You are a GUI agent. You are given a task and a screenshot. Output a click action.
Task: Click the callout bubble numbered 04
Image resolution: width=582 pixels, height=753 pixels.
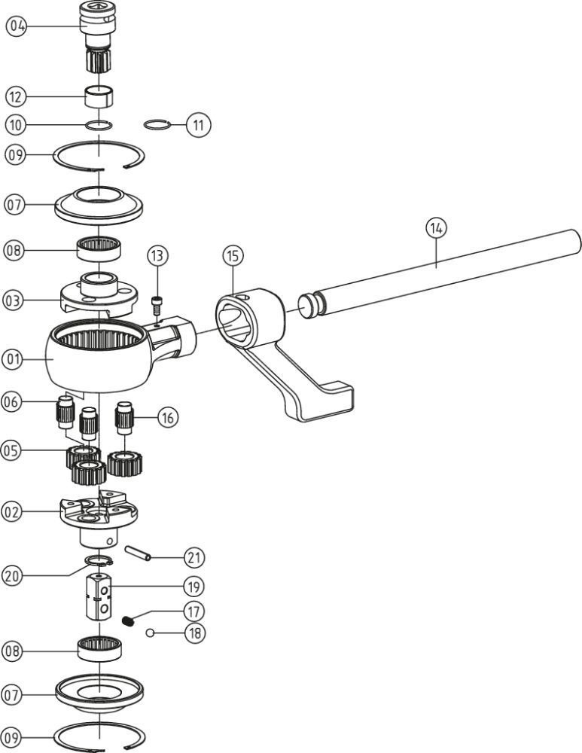tap(17, 26)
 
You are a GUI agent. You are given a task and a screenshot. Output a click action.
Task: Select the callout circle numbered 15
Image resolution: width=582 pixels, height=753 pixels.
tap(233, 256)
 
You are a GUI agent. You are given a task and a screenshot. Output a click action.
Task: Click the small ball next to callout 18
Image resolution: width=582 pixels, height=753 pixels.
tap(151, 633)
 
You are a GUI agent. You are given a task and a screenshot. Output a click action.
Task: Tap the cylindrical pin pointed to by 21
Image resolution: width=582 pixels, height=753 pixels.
tap(139, 553)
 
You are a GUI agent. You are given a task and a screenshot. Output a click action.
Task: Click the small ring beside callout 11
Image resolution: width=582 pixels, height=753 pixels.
tap(155, 123)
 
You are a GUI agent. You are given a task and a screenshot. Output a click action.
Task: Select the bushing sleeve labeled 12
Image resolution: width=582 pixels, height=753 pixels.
tap(99, 97)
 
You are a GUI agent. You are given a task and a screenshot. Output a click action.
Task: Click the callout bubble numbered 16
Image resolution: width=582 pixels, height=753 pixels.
tap(167, 415)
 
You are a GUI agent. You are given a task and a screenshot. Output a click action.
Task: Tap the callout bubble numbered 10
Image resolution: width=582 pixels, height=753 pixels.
tap(17, 123)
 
